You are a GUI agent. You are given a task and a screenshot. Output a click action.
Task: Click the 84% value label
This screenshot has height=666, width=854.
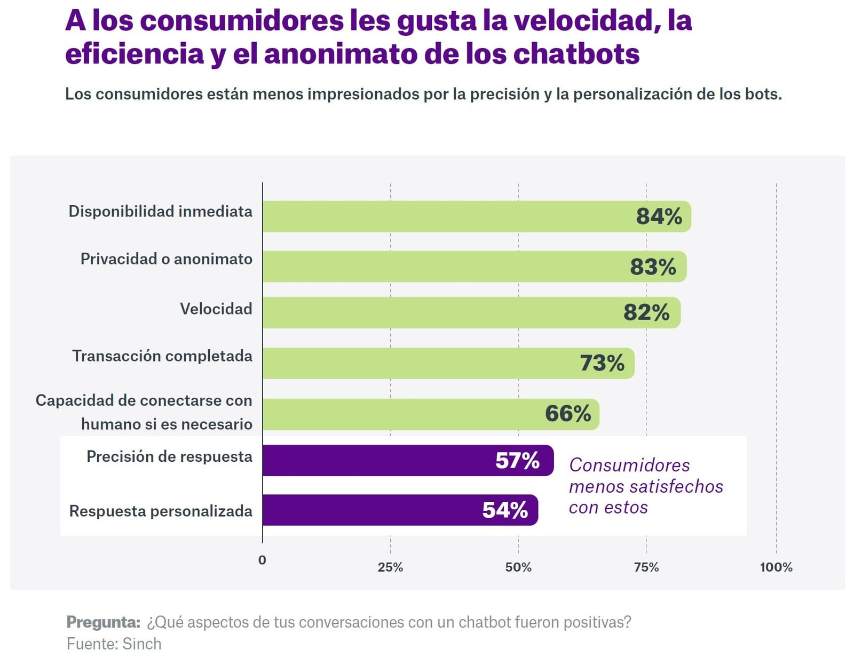[x=659, y=216]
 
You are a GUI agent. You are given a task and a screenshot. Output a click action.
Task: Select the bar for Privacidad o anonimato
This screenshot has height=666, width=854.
[x=474, y=267]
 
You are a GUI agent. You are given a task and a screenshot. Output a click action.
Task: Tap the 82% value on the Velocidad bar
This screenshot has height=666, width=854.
[x=646, y=312]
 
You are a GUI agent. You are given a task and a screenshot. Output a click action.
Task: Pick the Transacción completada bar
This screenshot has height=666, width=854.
[x=448, y=363]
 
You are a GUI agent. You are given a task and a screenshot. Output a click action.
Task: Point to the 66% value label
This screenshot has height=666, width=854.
[x=568, y=414]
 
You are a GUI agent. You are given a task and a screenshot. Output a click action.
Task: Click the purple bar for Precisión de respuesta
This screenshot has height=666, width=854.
[x=408, y=460]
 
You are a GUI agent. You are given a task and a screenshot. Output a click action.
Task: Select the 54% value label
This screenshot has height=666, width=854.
[x=505, y=510]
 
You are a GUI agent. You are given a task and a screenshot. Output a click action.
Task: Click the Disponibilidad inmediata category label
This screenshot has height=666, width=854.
[x=160, y=211]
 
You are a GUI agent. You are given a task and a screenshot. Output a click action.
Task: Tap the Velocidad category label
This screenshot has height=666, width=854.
[x=216, y=309]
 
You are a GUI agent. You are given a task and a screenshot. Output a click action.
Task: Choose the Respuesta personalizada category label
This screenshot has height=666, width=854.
[x=161, y=511]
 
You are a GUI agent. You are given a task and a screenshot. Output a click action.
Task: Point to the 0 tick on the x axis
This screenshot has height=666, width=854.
[x=262, y=560]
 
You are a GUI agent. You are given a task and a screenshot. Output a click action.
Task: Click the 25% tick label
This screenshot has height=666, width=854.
[x=390, y=567]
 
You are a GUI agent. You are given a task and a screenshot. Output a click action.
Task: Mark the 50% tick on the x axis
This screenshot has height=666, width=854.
[x=518, y=567]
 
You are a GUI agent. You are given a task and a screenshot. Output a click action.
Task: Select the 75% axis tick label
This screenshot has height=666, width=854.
[x=646, y=567]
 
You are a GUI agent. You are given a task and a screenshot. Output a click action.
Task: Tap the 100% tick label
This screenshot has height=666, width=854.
[x=776, y=567]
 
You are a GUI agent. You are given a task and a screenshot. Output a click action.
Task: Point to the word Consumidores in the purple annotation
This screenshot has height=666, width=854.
[x=629, y=465]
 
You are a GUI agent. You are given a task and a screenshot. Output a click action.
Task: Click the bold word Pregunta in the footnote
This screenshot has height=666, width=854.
[x=103, y=622]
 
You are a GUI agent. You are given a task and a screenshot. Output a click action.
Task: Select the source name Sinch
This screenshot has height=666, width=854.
[x=141, y=644]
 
